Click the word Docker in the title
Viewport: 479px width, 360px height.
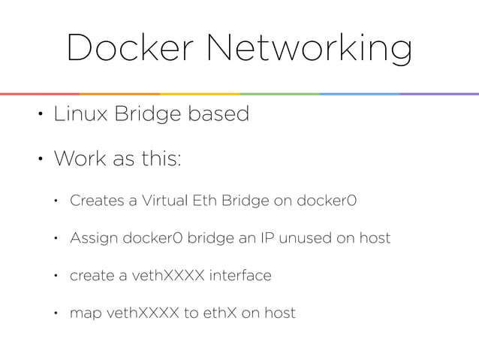127,49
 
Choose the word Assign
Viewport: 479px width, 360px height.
92,239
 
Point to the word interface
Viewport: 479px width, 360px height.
240,275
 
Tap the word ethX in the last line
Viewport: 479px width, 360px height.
222,312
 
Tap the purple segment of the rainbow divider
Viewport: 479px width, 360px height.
439,94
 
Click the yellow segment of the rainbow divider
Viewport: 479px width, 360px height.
199,94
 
